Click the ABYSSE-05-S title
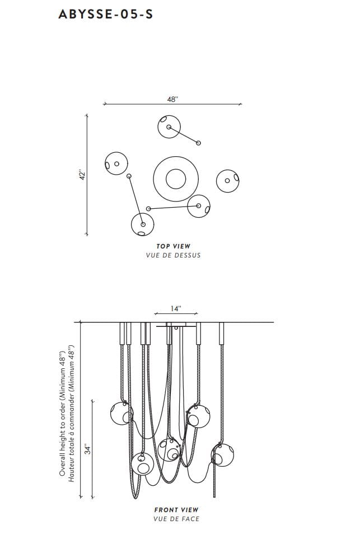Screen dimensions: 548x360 (105, 15)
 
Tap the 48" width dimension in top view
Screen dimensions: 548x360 (172, 99)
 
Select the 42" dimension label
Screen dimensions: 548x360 (81, 175)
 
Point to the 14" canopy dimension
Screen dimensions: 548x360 (176, 308)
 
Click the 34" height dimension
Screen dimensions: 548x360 (87, 449)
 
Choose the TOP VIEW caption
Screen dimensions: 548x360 (173, 246)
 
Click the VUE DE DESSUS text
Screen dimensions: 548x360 (173, 255)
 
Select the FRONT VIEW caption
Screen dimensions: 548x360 (176, 510)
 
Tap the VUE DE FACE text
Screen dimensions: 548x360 (176, 519)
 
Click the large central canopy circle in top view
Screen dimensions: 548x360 (175, 179)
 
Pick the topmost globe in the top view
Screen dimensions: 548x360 (169, 127)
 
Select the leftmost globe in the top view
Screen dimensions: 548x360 (116, 163)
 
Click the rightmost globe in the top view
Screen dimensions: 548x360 (228, 180)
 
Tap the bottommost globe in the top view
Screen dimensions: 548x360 (142, 225)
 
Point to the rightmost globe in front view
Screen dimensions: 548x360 (223, 455)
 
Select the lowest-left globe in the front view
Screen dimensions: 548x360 (142, 464)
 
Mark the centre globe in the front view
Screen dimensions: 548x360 (170, 450)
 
